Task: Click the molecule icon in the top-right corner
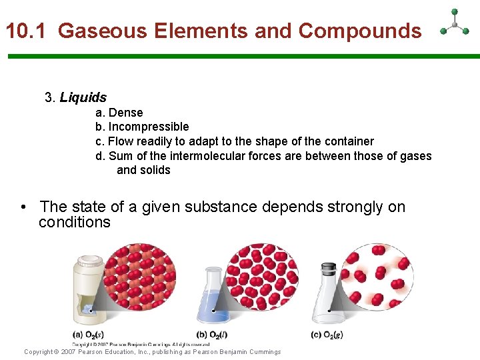tap(455, 24)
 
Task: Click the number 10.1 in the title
tap(27, 31)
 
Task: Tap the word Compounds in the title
tap(360, 31)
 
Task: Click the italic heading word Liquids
tap(83, 98)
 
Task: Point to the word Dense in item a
tap(125, 113)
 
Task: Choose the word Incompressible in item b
tap(149, 127)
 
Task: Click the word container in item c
tap(348, 141)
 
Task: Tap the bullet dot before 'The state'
tap(24, 208)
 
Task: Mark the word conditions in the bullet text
tap(75, 222)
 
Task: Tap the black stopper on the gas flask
tap(328, 269)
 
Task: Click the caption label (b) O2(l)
tap(212, 335)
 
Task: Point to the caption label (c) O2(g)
tap(328, 335)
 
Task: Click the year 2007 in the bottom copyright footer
tap(68, 352)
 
